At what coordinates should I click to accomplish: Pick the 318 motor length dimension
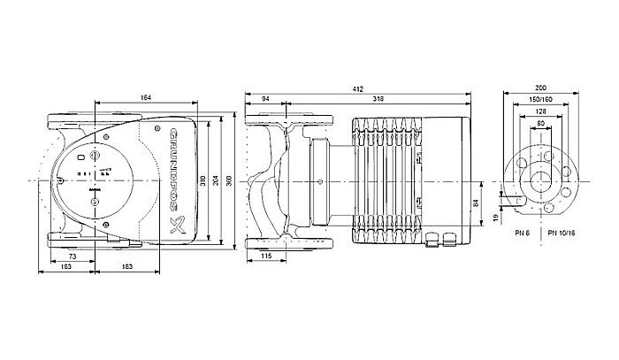(378, 98)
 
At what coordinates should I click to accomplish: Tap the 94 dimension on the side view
(266, 98)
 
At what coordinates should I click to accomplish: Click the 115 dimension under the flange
(266, 257)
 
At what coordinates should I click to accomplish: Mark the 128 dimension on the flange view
(541, 112)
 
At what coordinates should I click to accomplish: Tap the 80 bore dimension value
(541, 123)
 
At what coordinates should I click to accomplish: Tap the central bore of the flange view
(541, 181)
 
